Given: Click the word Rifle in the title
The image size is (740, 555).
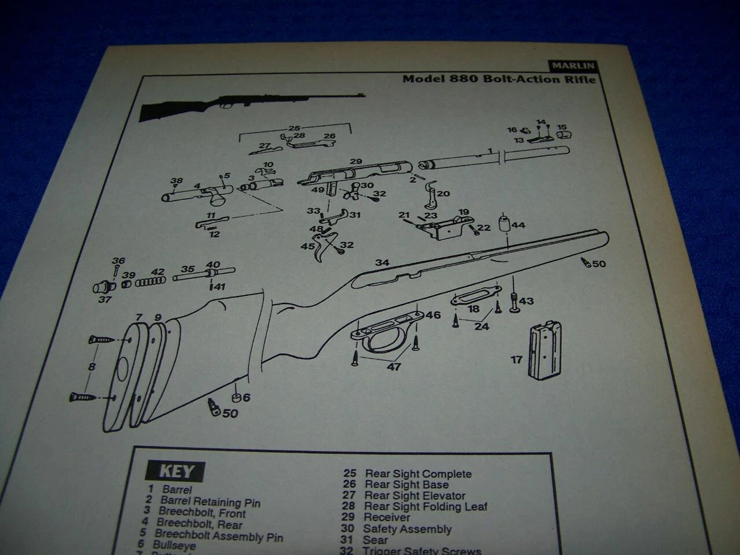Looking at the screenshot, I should click(579, 79).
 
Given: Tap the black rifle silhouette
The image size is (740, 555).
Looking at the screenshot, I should click(247, 105).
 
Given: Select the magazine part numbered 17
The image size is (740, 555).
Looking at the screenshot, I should click(545, 350).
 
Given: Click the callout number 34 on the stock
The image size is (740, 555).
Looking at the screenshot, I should click(383, 263).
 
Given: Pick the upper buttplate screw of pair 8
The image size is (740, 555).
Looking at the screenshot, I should click(102, 339).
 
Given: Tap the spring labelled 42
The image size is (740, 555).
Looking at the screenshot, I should click(150, 281).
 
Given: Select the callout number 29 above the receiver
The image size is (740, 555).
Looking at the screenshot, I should click(356, 161).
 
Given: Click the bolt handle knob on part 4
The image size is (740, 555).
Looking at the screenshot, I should click(219, 199).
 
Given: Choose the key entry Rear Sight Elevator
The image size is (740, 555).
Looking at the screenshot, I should click(414, 496).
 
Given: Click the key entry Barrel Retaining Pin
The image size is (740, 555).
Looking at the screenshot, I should click(210, 502).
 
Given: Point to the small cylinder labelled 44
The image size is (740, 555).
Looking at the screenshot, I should click(505, 224).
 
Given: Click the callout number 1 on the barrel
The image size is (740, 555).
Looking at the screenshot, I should click(489, 150).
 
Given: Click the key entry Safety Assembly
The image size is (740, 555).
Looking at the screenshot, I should click(407, 529).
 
